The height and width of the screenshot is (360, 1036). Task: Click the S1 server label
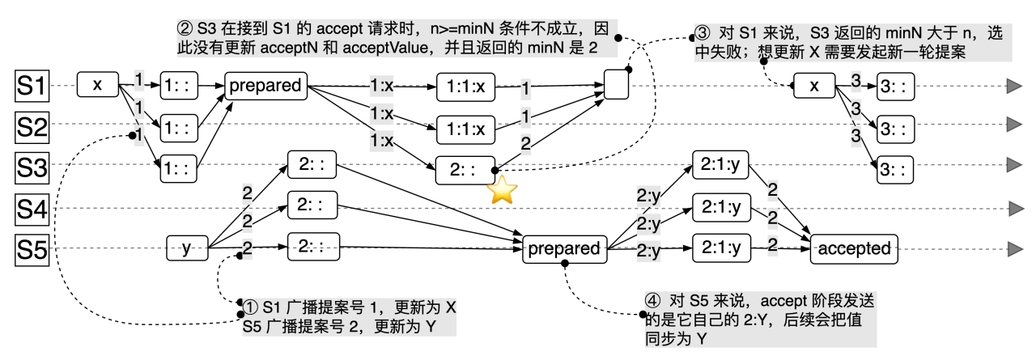[x=30, y=86]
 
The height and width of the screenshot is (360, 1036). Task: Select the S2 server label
[x=30, y=127]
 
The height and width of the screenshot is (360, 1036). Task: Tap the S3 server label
[x=30, y=168]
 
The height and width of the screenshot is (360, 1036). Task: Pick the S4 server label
[x=30, y=210]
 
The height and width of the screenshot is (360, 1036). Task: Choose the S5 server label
[x=30, y=248]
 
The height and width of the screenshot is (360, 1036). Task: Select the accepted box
[x=849, y=248]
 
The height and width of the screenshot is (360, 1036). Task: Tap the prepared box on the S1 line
[x=267, y=85]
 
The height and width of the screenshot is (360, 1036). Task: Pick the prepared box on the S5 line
[x=566, y=248]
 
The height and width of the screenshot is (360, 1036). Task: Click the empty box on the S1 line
[x=617, y=86]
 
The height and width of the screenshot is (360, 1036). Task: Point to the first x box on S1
[x=98, y=85]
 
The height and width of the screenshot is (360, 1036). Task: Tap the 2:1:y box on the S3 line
[x=720, y=166]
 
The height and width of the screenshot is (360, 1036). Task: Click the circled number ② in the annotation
[x=183, y=26]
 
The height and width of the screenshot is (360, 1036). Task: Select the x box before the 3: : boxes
[x=812, y=86]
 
